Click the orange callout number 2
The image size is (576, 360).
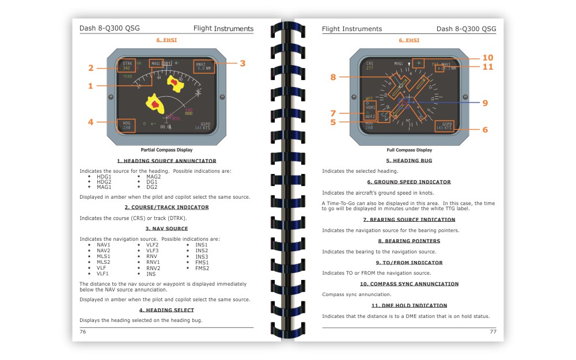tap(91, 68)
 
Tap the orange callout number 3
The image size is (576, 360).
tap(242, 63)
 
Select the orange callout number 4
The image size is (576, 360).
tap(91, 122)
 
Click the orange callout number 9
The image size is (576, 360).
tap(485, 103)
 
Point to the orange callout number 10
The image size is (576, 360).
tap(488, 58)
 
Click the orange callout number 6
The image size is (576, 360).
tap(485, 130)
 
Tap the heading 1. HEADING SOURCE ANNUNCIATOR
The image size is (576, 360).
tap(166, 161)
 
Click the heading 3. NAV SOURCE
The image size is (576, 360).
tap(166, 229)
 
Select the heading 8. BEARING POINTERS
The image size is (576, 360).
tap(409, 241)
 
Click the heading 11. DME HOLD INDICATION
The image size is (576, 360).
tap(409, 306)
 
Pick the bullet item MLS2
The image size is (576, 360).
tap(103, 262)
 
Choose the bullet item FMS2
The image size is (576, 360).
tap(202, 268)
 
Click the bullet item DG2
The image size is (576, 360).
tap(151, 187)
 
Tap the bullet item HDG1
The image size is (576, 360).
tap(104, 176)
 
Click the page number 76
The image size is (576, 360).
tap(83, 332)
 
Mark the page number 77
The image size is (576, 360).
tap(492, 332)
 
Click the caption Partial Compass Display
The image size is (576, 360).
tap(166, 150)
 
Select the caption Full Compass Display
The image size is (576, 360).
tap(409, 150)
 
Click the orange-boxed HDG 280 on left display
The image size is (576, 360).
tap(127, 125)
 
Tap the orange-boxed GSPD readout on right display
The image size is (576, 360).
tap(445, 126)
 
